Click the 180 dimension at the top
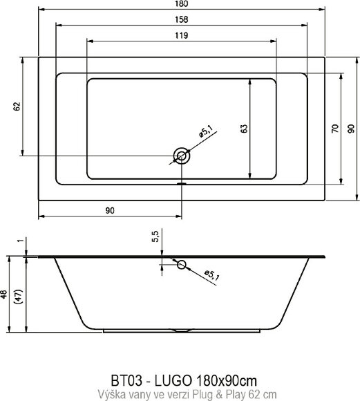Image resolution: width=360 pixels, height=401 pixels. click(181, 6)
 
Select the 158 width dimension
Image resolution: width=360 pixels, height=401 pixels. click(181, 20)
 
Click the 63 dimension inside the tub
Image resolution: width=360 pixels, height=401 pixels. click(245, 128)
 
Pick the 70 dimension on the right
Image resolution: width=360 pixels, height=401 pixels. click(334, 128)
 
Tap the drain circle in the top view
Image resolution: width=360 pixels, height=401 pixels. click(182, 156)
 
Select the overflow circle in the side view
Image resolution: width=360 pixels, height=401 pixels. click(181, 264)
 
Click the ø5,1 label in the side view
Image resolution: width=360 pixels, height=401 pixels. click(211, 276)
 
